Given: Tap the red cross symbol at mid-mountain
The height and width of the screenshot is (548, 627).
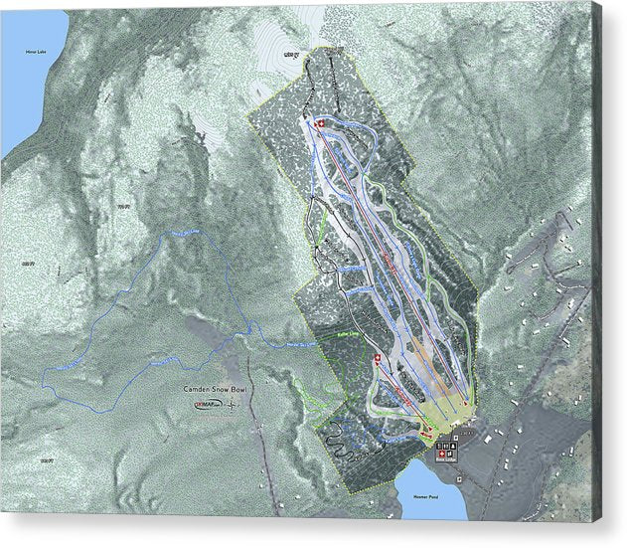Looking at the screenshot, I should [378, 359].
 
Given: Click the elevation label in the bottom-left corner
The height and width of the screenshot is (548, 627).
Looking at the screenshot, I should [44, 460].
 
